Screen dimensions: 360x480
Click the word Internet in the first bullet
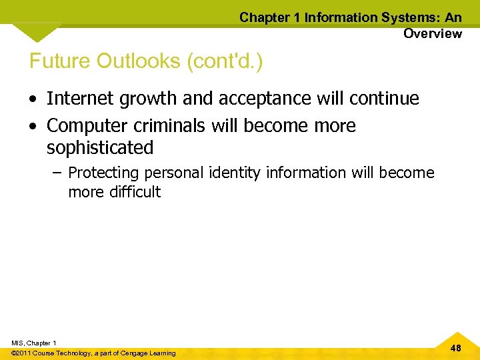[x=75, y=99]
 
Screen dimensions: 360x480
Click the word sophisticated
[x=100, y=147]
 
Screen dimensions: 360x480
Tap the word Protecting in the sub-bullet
[x=103, y=173]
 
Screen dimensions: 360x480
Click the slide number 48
[x=456, y=348]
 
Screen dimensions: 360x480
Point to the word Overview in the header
[x=432, y=33]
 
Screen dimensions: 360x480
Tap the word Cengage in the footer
[x=136, y=353]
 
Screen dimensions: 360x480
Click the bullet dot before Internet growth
[x=33, y=99]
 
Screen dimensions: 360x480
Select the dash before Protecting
[x=55, y=173]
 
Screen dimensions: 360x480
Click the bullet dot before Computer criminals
[x=33, y=126]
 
